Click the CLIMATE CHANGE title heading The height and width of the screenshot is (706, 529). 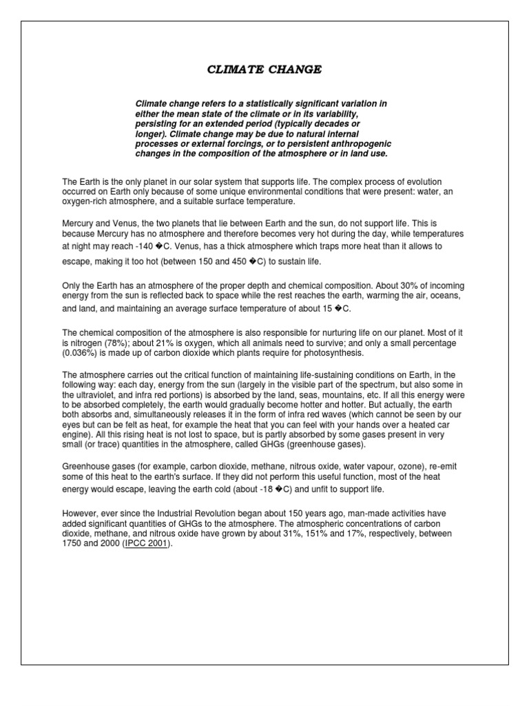[264, 70]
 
